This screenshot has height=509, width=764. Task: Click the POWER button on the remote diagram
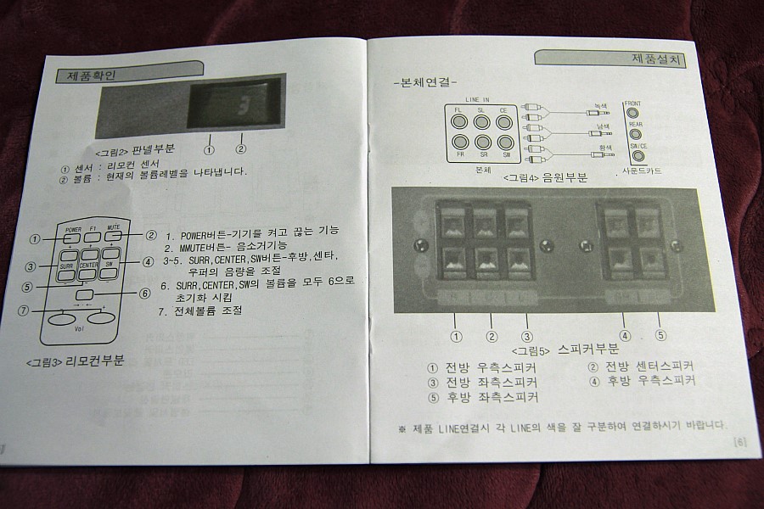(x=72, y=238)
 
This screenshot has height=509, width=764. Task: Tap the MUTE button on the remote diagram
(x=113, y=237)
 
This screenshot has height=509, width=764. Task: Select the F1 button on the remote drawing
(x=93, y=237)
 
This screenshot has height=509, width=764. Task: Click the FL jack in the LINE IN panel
(x=459, y=120)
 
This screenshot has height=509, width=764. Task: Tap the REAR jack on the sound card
(x=635, y=133)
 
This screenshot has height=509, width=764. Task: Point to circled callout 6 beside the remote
(x=144, y=294)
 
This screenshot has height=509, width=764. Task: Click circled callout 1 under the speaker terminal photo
(x=457, y=335)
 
